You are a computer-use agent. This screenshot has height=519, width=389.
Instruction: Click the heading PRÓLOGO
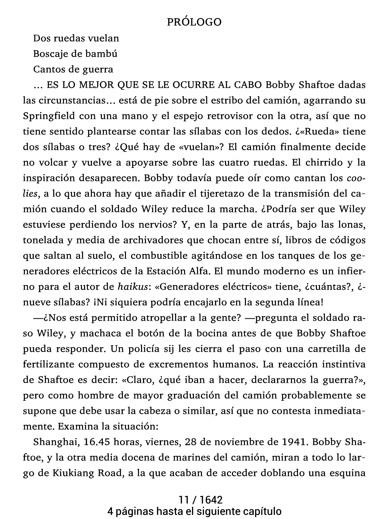194,22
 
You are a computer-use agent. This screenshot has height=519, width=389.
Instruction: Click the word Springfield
49,116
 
